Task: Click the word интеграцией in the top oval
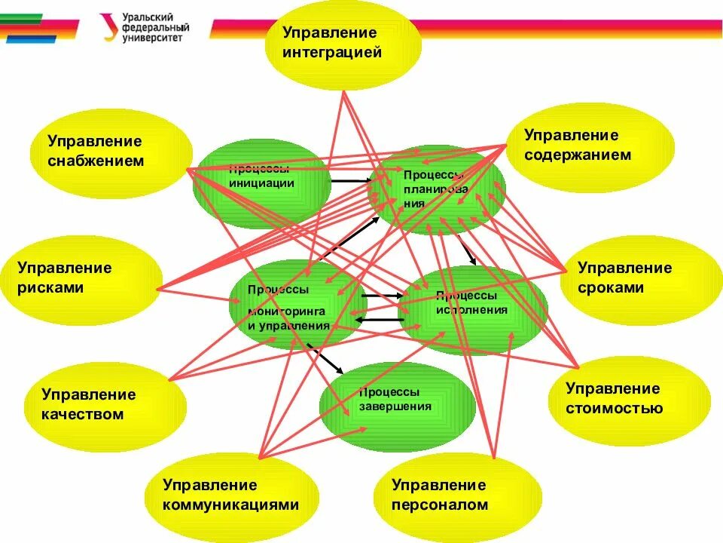332,53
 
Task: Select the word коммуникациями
230,505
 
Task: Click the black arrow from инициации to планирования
350,181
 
